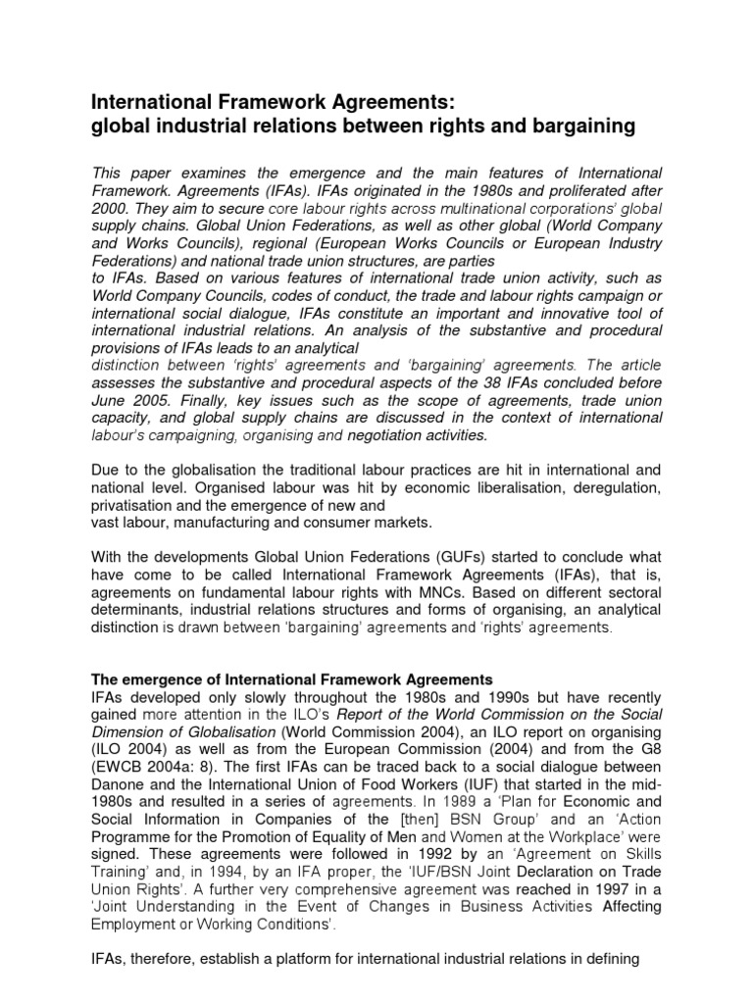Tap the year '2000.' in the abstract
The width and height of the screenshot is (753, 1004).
pos(112,208)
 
